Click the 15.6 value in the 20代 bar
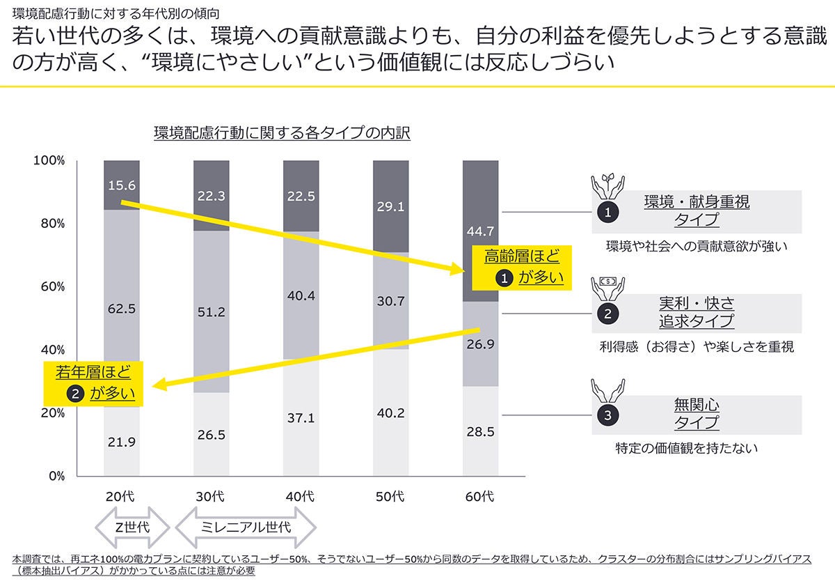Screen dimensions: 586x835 [x=122, y=185]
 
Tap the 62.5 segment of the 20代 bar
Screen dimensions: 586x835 [x=122, y=309]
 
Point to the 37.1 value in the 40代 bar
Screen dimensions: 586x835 [x=301, y=418]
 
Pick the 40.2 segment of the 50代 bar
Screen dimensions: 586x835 [x=390, y=412]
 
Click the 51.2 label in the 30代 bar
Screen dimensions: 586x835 [x=212, y=312]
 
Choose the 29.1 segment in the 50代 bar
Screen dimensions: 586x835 [x=390, y=207]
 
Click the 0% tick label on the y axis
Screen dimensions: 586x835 [x=56, y=477]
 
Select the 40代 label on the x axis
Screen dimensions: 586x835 [x=301, y=497]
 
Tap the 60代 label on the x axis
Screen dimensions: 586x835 [x=480, y=497]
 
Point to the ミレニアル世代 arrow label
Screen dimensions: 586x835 [x=245, y=526]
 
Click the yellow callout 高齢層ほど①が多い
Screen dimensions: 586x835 [x=522, y=267]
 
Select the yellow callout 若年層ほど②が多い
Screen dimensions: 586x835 [x=93, y=383]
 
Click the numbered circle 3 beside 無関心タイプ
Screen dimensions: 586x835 [x=607, y=415]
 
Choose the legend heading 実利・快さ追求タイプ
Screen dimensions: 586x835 [x=696, y=312]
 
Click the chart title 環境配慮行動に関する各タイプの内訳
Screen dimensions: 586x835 [x=282, y=132]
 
